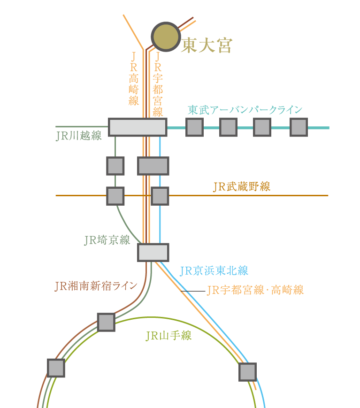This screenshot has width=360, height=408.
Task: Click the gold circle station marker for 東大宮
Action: [166, 37]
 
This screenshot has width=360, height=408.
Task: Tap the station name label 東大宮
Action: [206, 46]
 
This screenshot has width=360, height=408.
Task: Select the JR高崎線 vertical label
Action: [134, 78]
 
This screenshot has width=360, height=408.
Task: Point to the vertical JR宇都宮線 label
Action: [158, 84]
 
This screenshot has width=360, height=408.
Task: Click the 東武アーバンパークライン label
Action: [245, 110]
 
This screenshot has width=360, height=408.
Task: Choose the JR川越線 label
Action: [79, 136]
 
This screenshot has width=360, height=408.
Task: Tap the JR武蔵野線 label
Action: [242, 186]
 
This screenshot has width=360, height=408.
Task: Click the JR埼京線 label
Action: [107, 240]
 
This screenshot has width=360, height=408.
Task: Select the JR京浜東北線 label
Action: [214, 270]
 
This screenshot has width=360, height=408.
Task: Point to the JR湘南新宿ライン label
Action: [96, 286]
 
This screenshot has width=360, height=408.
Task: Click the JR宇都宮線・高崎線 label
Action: [255, 290]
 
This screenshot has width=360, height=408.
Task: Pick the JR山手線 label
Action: [169, 335]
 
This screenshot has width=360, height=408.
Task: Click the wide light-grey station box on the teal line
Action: [138, 127]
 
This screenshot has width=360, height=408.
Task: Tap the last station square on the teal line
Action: [299, 127]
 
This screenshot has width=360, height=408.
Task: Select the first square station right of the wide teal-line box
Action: [195, 127]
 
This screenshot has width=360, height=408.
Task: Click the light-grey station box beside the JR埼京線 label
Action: [153, 253]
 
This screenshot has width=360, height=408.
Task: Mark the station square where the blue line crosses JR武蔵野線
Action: [160, 196]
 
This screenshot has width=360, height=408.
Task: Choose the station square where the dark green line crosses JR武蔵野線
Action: [115, 196]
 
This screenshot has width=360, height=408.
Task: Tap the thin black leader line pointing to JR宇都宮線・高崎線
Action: [193, 291]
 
